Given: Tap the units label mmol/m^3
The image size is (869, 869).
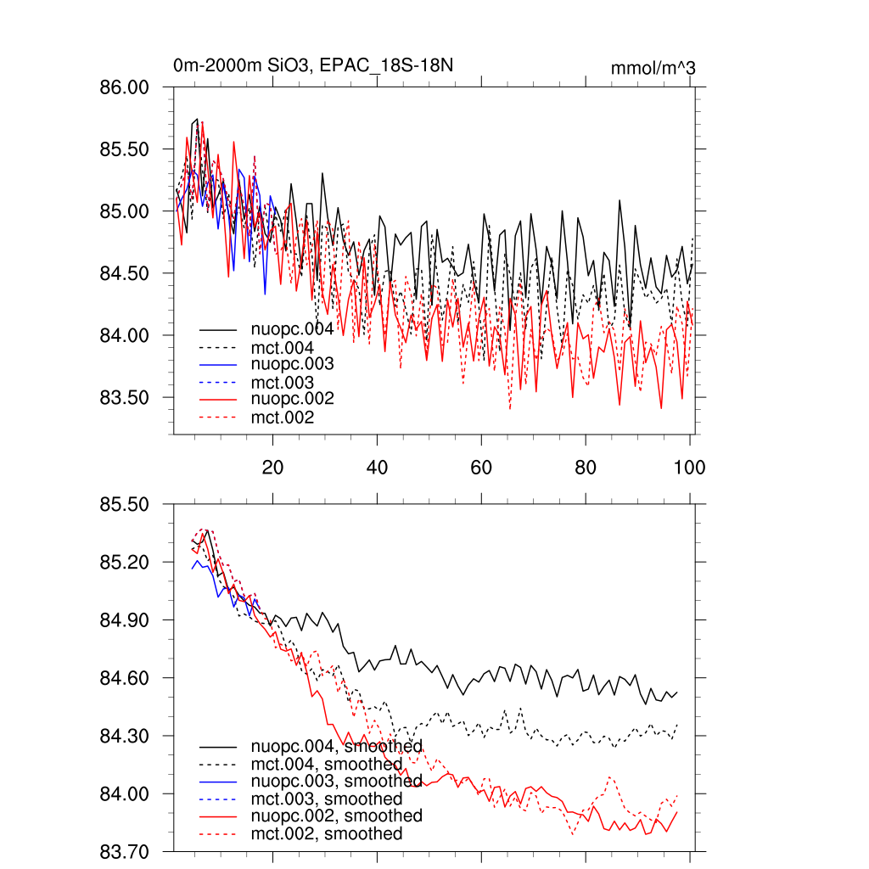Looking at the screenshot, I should coord(653,68).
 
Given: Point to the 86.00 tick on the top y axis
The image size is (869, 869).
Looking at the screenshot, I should coord(126,87).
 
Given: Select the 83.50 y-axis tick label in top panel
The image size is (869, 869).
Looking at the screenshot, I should coord(126,397).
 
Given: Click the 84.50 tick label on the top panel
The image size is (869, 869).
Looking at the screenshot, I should coord(126,273).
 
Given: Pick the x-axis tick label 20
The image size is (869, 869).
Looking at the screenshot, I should coord(272,468).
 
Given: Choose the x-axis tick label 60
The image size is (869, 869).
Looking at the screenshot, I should coord(481,468).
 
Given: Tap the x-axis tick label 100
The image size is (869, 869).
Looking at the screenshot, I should coord(688,468).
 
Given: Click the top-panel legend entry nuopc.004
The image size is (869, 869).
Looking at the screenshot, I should coord(292,328).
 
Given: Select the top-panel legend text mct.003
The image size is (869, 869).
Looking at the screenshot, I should coord(282,382).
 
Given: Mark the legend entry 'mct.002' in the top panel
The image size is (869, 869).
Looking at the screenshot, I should coord(282,418).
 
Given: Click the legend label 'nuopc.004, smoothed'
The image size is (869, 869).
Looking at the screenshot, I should coord(336,747).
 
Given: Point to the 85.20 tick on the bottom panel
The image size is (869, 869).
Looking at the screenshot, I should coord(126,562).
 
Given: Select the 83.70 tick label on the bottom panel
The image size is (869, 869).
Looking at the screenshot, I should coord(126,851).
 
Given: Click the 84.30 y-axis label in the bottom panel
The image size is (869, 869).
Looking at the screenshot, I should coord(126,736).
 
